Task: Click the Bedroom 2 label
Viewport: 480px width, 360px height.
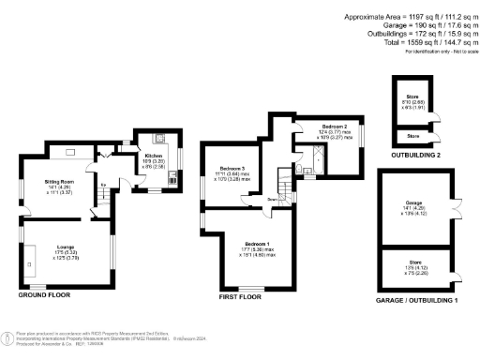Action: (335, 126)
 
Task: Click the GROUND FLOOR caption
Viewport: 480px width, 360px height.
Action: (44, 294)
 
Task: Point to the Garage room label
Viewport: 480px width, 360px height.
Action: (414, 202)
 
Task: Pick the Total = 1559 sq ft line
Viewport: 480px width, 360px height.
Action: (414, 42)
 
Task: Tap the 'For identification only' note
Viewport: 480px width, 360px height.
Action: (437, 51)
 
